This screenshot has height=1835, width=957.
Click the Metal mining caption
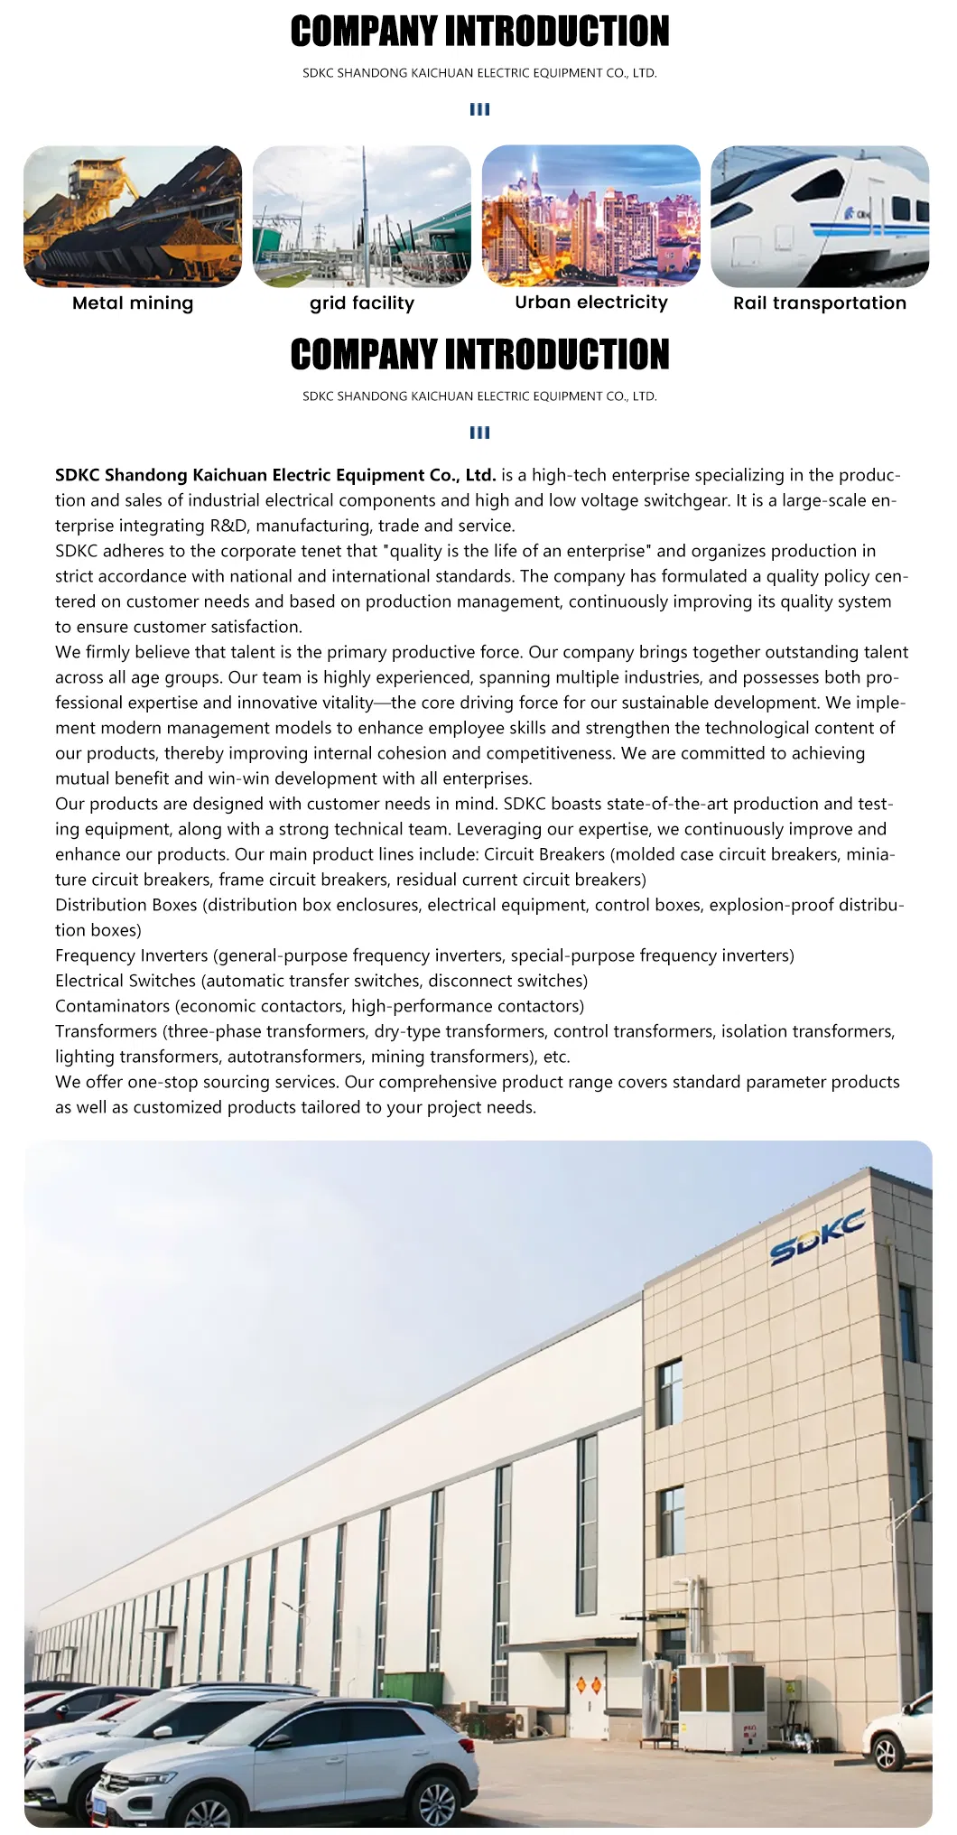click(133, 303)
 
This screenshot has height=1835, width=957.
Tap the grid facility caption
click(362, 303)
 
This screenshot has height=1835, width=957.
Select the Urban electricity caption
click(591, 303)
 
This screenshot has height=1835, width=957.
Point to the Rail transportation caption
click(820, 303)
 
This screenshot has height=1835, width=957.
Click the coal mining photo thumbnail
click(133, 217)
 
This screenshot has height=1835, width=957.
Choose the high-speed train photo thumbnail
click(820, 217)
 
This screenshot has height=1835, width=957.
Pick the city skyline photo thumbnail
click(591, 217)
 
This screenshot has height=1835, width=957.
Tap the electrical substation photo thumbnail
click(362, 217)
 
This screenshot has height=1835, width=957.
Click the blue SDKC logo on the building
click(817, 1238)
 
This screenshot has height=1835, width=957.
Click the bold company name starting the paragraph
click(275, 475)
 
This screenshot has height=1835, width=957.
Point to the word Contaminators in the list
click(112, 1006)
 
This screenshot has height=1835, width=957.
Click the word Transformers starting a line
click(106, 1031)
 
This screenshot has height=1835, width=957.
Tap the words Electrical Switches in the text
click(125, 981)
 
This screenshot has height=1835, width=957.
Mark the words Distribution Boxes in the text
click(125, 905)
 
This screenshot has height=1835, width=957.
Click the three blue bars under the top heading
click(479, 109)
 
